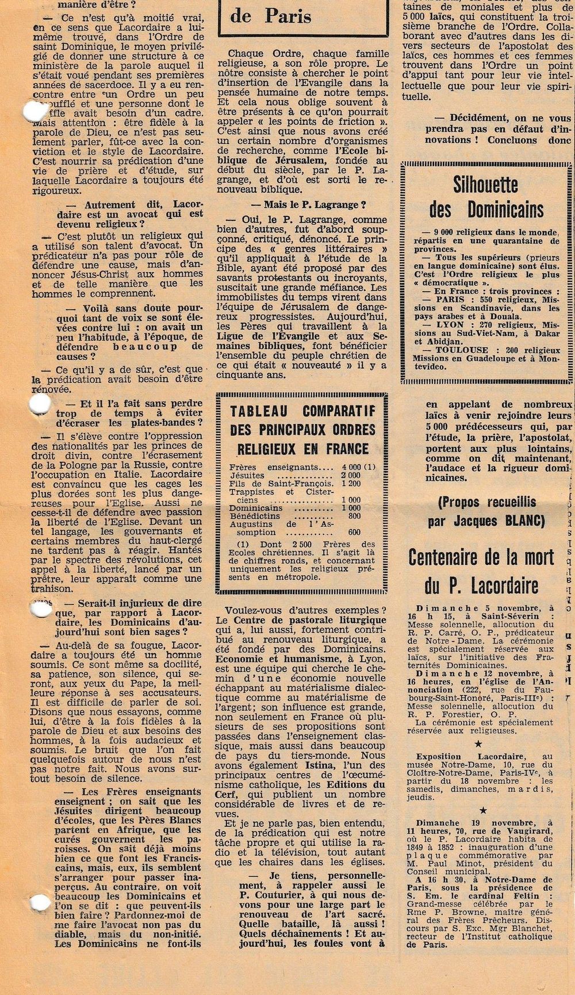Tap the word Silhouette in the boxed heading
click(x=486, y=185)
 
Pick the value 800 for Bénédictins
click(x=353, y=516)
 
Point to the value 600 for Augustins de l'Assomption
click(x=354, y=532)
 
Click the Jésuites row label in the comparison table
click(x=247, y=476)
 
